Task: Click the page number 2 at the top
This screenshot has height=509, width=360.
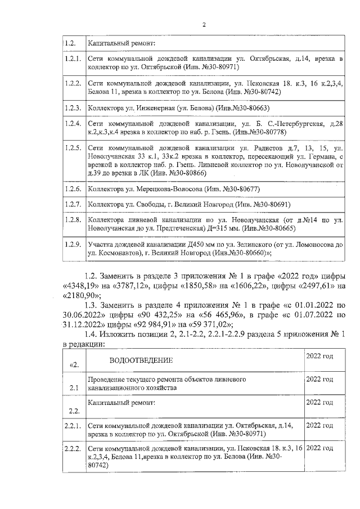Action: click(204, 25)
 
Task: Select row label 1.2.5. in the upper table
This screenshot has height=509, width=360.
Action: click(73, 148)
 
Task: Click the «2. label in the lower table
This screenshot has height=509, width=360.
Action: click(73, 364)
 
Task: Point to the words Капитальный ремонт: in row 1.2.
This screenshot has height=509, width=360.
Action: click(121, 43)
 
